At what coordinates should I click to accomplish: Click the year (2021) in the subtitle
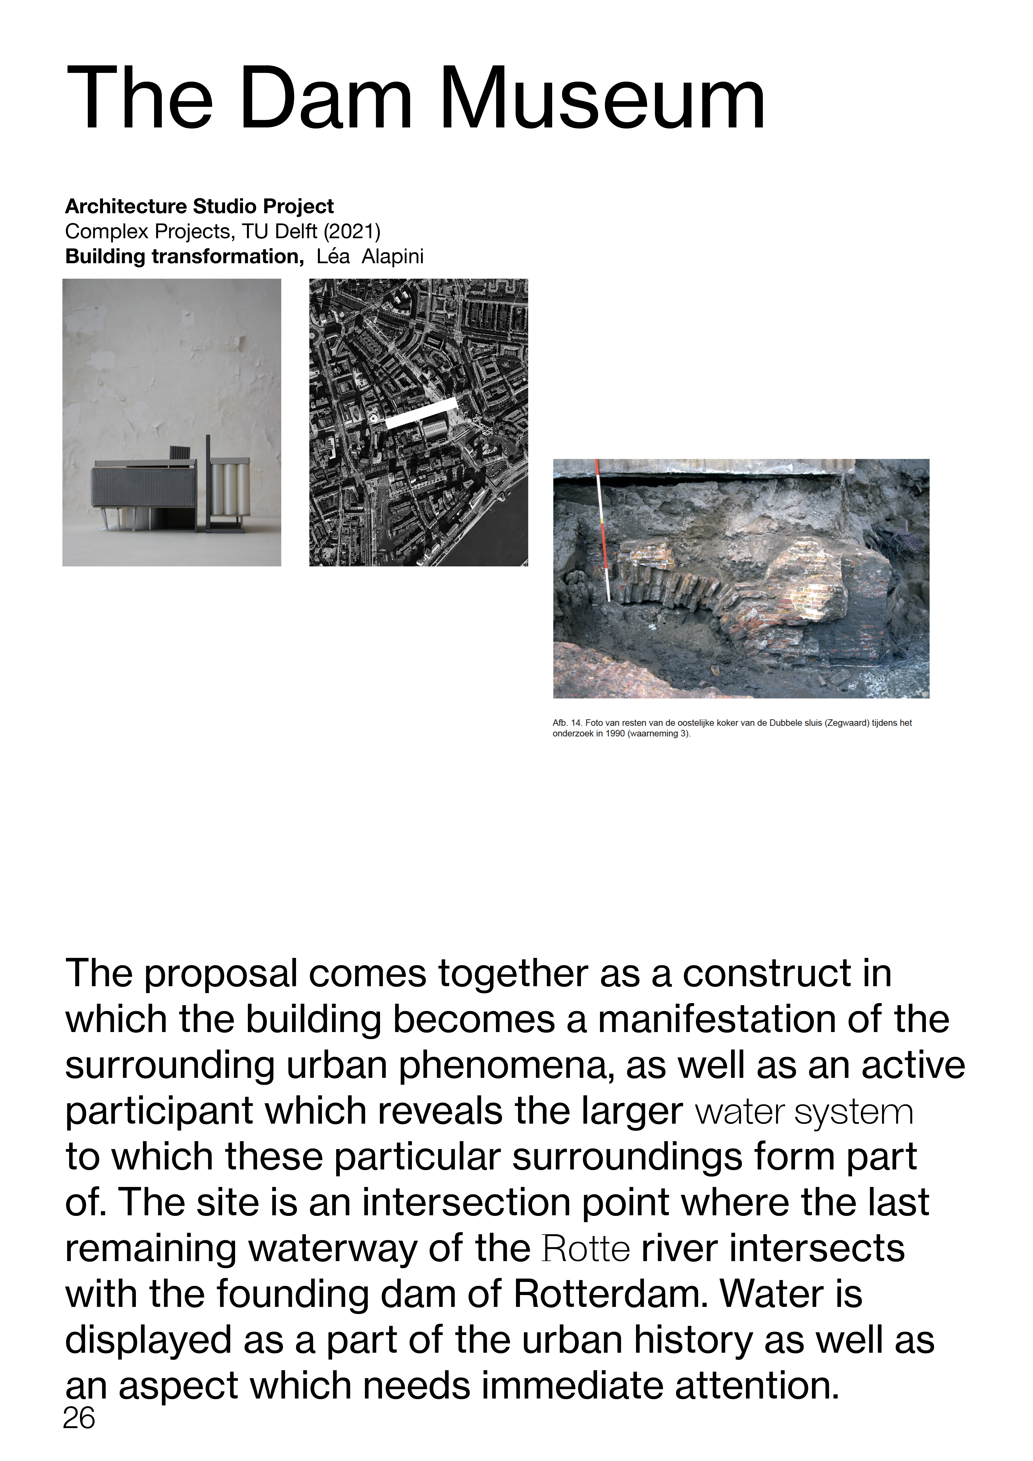pos(352,232)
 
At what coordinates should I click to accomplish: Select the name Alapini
pos(393,256)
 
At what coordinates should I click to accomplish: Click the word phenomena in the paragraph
pos(506,1066)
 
